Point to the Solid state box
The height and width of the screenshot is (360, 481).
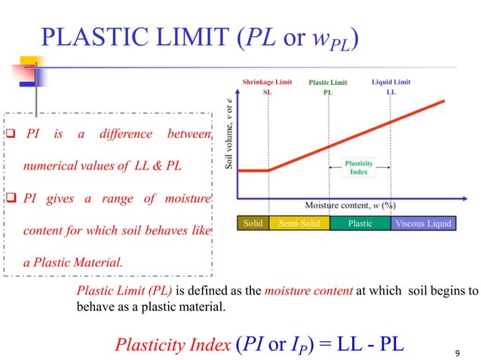click(253, 223)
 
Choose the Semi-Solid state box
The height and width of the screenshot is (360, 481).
click(300, 223)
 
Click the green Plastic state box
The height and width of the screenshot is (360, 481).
click(360, 223)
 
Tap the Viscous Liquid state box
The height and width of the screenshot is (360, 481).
click(423, 223)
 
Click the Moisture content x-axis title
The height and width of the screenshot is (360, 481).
click(351, 204)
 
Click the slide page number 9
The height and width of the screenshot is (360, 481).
click(458, 352)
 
